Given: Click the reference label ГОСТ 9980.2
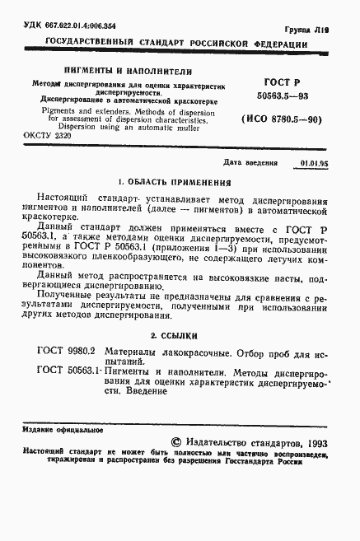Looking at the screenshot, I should coord(67,352).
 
